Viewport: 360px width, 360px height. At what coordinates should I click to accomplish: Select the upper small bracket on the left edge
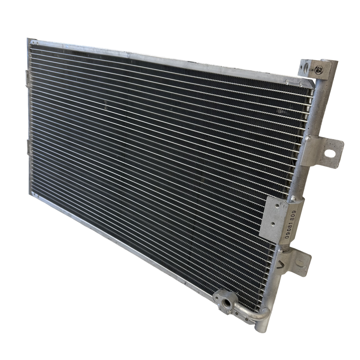[x=28, y=78]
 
